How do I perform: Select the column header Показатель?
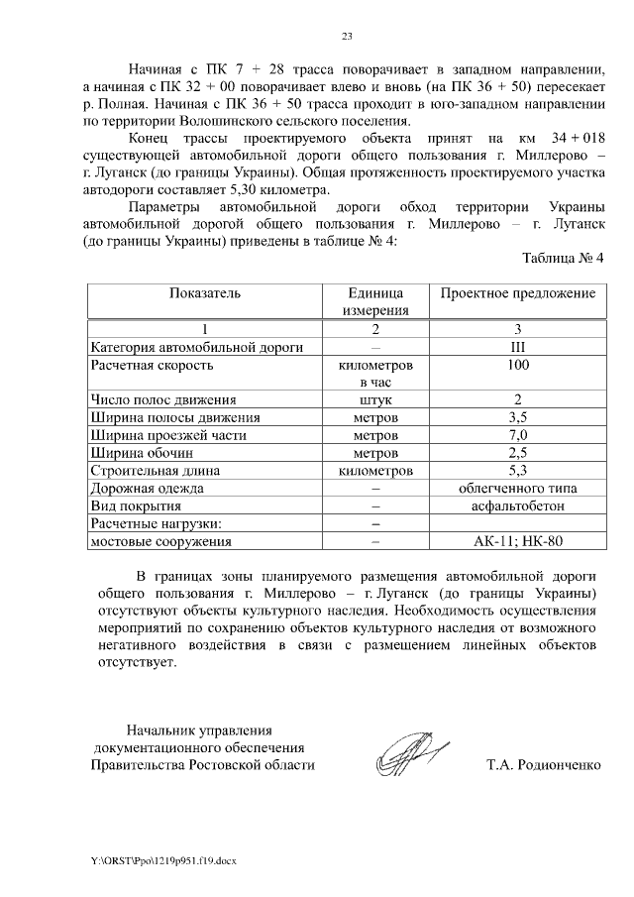tap(205, 294)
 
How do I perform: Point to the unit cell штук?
tap(375, 400)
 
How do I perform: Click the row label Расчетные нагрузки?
tap(155, 523)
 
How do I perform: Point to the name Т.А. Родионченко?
tap(543, 765)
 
